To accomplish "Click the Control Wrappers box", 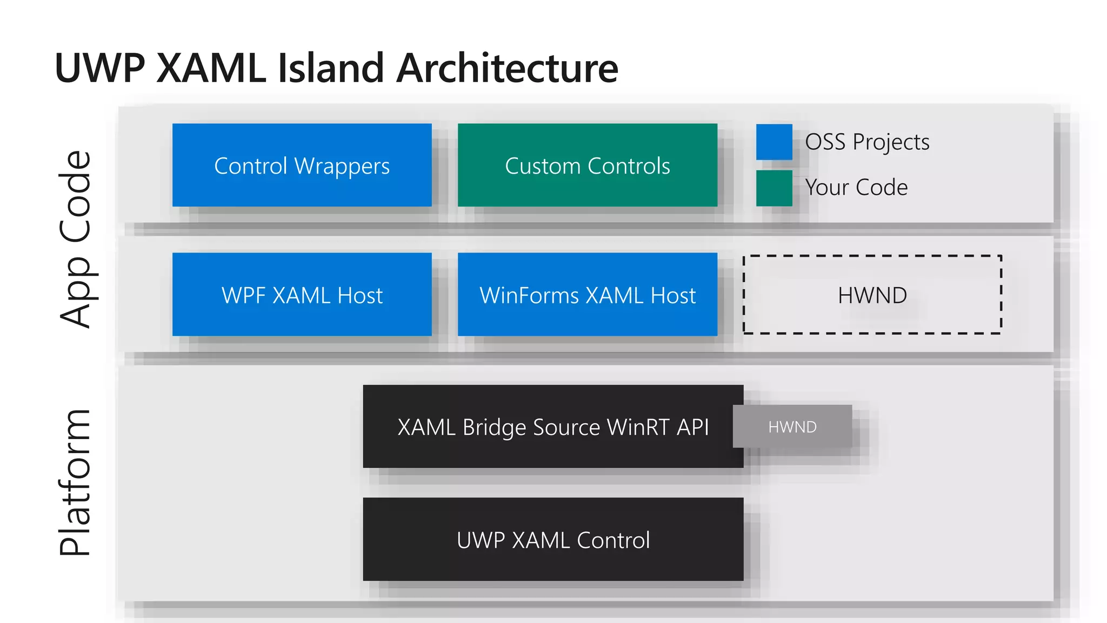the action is pos(302,165).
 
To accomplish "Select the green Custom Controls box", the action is pos(588,165).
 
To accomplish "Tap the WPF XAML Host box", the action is pos(302,294).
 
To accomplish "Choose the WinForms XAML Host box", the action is pos(588,294).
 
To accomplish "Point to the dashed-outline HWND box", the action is pos(872,295).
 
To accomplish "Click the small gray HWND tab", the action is pos(792,426).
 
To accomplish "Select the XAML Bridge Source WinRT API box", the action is pos(553,426).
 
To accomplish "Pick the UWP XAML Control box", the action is pos(553,539).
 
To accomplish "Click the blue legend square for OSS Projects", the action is pos(774,142).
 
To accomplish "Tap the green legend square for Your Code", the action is pos(774,188).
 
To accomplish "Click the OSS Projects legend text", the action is pos(868,142).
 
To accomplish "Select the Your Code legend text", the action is pos(857,188).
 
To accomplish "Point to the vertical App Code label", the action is pos(76,239).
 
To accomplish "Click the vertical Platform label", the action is pos(75,482).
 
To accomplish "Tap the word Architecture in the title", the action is pos(508,68).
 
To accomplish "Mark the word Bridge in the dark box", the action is pos(494,427).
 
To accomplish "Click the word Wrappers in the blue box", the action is pos(342,166).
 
